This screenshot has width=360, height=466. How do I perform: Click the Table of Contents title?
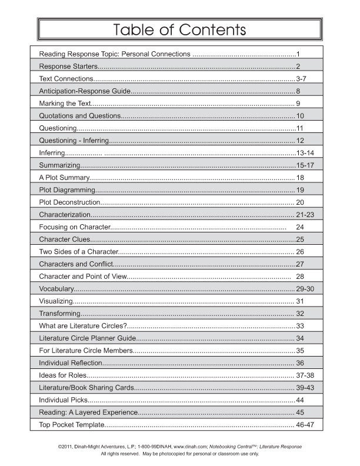coord(179,29)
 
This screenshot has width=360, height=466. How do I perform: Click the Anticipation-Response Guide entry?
coord(84,91)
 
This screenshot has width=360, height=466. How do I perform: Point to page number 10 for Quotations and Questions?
coord(300,116)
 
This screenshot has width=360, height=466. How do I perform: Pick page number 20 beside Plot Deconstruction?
coord(300,202)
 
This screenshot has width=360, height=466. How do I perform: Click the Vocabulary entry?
coord(56,289)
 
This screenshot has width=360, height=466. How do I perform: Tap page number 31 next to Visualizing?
coord(300,301)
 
